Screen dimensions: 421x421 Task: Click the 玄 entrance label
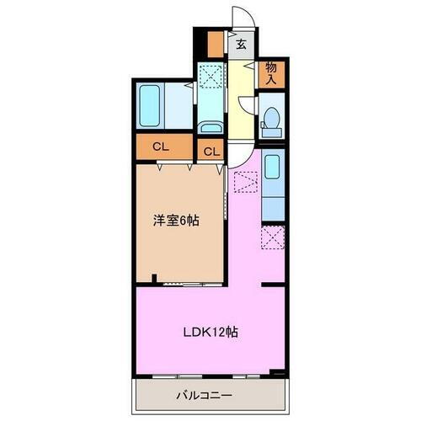[241, 45]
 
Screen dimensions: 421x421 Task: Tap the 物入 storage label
[272, 73]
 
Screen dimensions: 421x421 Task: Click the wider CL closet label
[159, 147]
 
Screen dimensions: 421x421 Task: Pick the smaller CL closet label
[210, 152]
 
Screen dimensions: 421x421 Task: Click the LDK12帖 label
[210, 332]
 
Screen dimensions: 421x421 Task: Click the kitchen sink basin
[272, 166]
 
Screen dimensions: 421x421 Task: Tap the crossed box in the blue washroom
[210, 77]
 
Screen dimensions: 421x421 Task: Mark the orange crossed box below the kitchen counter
[272, 237]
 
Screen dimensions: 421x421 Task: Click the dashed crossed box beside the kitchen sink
[246, 181]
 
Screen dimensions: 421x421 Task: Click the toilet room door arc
[248, 105]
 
